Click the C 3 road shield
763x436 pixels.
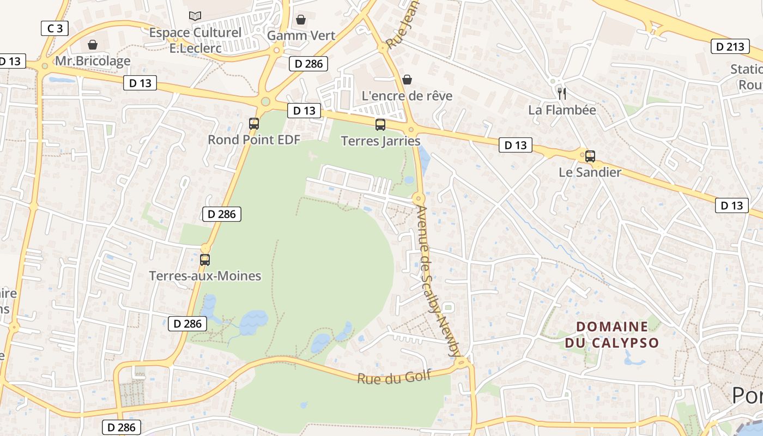pyautogui.click(x=55, y=28)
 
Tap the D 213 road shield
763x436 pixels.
pyautogui.click(x=730, y=46)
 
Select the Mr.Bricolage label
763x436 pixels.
pyautogui.click(x=93, y=61)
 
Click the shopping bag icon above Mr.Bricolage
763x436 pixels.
pyautogui.click(x=93, y=44)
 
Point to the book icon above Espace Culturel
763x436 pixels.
pyautogui.click(x=195, y=16)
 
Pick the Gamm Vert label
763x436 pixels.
pyautogui.click(x=301, y=35)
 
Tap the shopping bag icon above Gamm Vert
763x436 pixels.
pyautogui.click(x=301, y=20)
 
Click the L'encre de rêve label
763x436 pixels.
pyautogui.click(x=407, y=96)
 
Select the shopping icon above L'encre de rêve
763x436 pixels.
pyautogui.click(x=407, y=80)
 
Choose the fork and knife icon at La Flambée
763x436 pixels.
pyautogui.click(x=562, y=93)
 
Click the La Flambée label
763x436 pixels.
pyautogui.click(x=562, y=110)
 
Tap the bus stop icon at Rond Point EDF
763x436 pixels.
pyautogui.click(x=254, y=123)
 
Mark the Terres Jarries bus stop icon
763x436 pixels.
pyautogui.click(x=380, y=124)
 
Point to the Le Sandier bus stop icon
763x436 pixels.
pyautogui.click(x=590, y=156)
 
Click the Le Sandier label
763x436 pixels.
pyautogui.click(x=590, y=173)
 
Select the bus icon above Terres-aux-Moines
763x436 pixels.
pyautogui.click(x=205, y=259)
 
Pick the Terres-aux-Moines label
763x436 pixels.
pyautogui.click(x=205, y=276)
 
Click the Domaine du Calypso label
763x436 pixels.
pyautogui.click(x=612, y=335)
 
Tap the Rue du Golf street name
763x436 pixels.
pyautogui.click(x=394, y=377)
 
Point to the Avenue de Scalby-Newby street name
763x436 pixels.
pyautogui.click(x=438, y=281)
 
